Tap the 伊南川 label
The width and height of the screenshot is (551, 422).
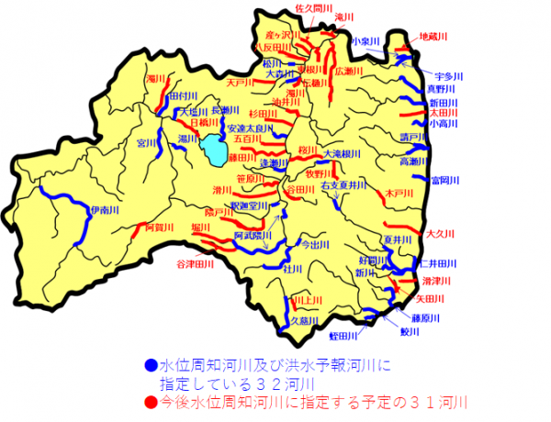click(104, 212)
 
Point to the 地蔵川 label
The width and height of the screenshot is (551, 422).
click(432, 37)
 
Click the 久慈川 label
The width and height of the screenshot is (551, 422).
click(305, 321)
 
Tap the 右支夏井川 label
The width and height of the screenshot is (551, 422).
click(343, 185)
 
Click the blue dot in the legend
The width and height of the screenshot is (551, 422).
click(151, 365)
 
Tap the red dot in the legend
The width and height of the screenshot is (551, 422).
click(151, 400)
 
